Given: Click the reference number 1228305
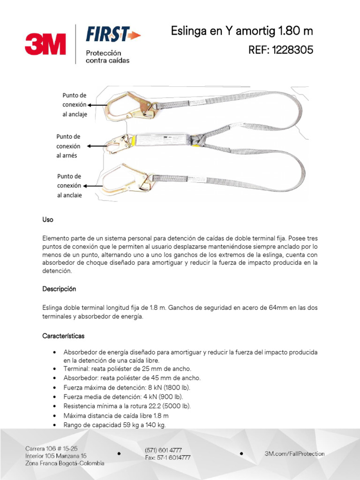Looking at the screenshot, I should [x=280, y=50].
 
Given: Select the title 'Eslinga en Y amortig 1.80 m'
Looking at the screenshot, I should [x=241, y=31].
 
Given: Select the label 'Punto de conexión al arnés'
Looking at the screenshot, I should [x=68, y=146].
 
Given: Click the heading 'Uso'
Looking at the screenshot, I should [x=48, y=220].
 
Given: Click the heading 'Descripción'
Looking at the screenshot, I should [x=59, y=289].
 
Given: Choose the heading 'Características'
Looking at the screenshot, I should [x=63, y=336].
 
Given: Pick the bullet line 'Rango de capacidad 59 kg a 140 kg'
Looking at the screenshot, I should [x=115, y=425].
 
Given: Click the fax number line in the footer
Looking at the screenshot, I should [x=167, y=457].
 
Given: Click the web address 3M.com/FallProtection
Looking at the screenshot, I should [x=294, y=453].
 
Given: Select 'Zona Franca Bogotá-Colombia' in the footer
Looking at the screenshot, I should [x=65, y=463].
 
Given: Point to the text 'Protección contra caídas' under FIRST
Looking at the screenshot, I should [x=107, y=57].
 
